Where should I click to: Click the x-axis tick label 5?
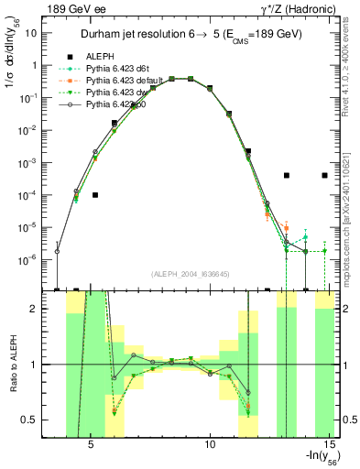91,446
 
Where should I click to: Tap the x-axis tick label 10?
210,446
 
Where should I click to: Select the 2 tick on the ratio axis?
53,309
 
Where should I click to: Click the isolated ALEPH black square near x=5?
95,195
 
